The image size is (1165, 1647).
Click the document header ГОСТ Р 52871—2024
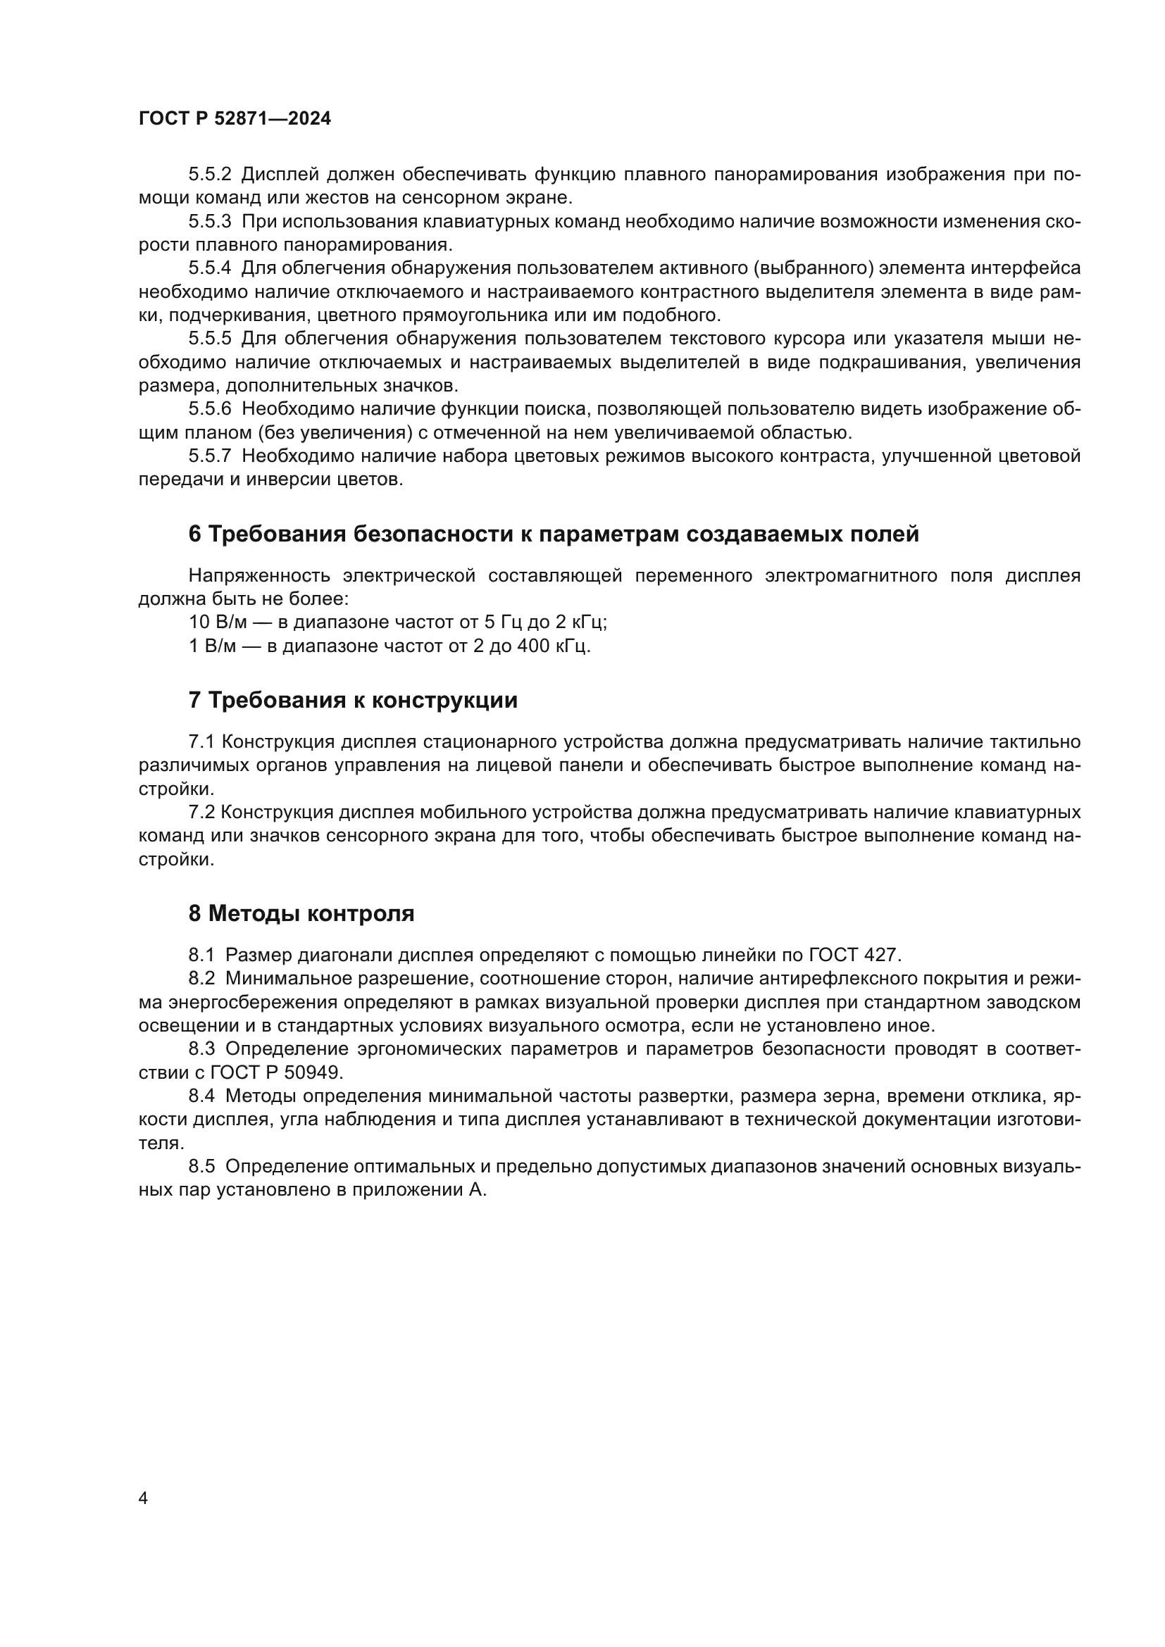[235, 119]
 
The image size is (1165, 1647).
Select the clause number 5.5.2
[209, 175]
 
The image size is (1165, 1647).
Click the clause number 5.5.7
[209, 456]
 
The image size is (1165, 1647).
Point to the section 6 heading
[553, 534]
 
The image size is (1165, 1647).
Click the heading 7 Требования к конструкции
[352, 700]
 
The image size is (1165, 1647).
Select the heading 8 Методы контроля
[301, 914]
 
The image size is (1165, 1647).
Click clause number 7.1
[201, 741]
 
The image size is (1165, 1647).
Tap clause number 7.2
[201, 812]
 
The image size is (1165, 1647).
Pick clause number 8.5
[201, 1166]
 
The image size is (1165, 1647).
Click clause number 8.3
[201, 1048]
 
